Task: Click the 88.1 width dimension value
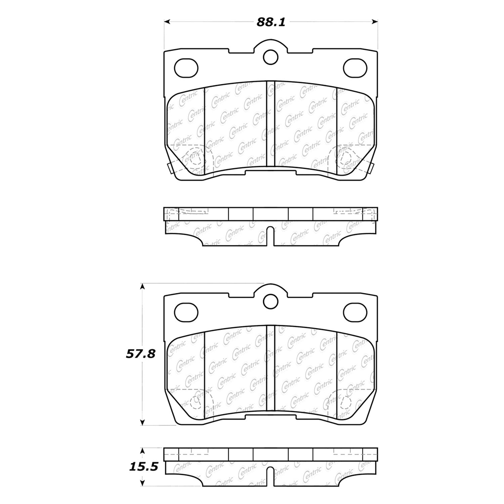tap(271, 22)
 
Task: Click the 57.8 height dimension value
tap(141, 353)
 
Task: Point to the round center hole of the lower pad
tap(270, 301)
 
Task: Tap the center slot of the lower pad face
tap(270, 368)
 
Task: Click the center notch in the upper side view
tap(270, 236)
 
